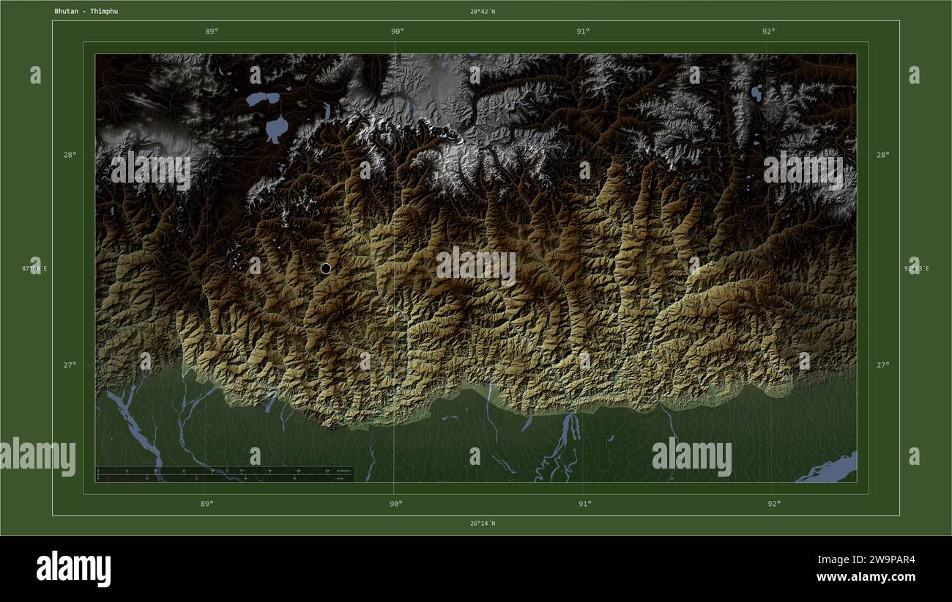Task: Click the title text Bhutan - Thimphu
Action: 86,12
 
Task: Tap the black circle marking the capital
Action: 326,268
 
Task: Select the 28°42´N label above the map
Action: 483,12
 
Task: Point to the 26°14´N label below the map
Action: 483,524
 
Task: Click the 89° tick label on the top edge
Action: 212,31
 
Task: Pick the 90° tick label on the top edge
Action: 397,31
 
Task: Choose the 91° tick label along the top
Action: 583,31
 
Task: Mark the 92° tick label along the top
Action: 768,31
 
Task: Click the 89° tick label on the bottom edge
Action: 207,504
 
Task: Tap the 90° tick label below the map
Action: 395,504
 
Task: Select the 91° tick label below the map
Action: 584,504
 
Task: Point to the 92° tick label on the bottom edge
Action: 773,504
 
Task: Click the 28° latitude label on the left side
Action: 69,155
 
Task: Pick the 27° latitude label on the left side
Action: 69,365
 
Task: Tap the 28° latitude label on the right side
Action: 883,155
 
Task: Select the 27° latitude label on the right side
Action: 883,365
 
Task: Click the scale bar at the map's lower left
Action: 224,474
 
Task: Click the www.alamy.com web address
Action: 866,577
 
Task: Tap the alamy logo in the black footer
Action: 73,569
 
